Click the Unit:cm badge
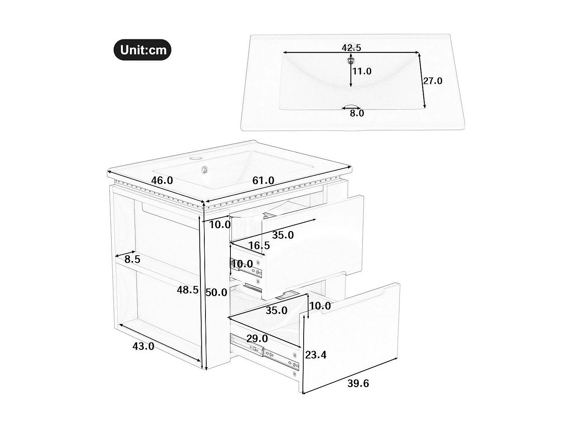(x=142, y=50)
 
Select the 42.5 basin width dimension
(x=351, y=48)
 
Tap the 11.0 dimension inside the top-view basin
(x=362, y=71)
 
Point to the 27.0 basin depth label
(x=432, y=81)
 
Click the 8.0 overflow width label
(x=357, y=113)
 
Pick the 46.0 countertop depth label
(x=162, y=180)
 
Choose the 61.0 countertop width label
(x=263, y=180)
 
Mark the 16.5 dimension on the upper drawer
(x=259, y=245)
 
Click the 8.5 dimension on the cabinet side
(x=132, y=259)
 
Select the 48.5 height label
(x=187, y=290)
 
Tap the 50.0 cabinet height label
(x=216, y=293)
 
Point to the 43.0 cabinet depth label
(x=143, y=346)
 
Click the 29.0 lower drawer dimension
(x=257, y=339)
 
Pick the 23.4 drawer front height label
(x=316, y=355)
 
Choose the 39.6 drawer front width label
(x=358, y=383)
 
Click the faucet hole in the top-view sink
(x=350, y=59)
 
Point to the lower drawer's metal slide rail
(x=265, y=353)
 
